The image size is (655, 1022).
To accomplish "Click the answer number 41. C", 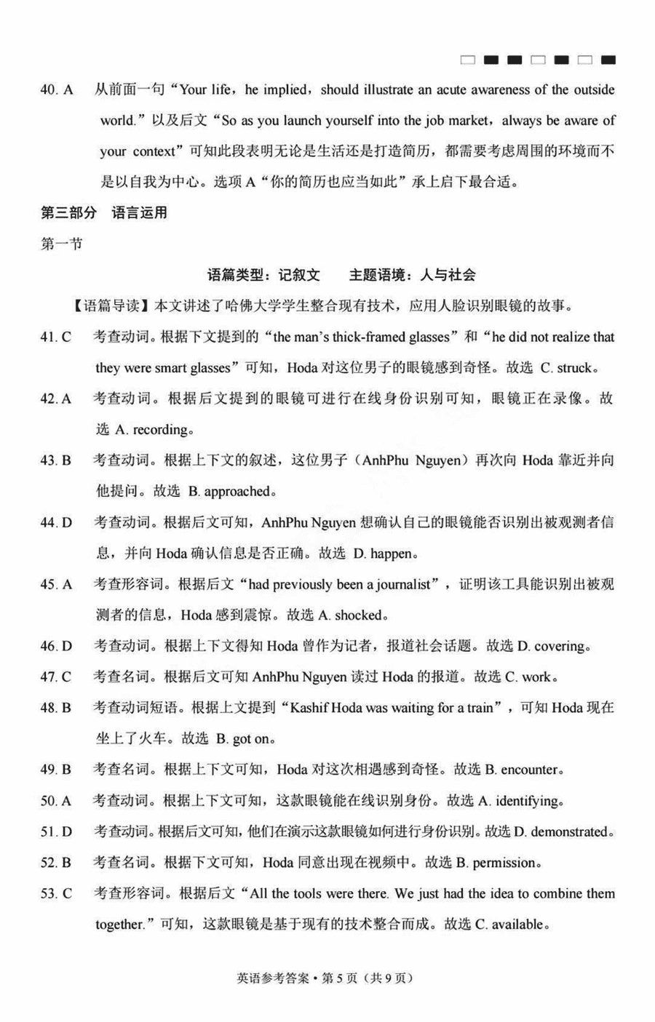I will [55, 337].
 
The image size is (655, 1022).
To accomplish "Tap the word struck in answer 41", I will [576, 368].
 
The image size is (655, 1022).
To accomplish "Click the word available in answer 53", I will [517, 925].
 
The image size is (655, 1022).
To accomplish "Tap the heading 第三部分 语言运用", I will [104, 212].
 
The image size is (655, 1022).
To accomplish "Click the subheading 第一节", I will [61, 244].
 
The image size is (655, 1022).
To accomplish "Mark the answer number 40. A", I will [56, 90].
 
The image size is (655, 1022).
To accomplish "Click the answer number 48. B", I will [55, 708].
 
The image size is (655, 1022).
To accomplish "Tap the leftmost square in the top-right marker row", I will [468, 60].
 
